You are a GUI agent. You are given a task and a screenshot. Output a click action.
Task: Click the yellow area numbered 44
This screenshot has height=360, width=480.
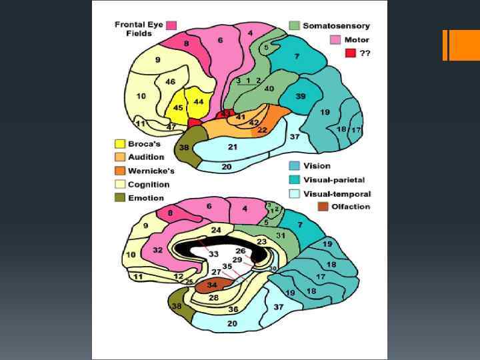click(x=198, y=101)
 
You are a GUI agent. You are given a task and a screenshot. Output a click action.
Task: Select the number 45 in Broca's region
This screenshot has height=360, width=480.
click(x=178, y=108)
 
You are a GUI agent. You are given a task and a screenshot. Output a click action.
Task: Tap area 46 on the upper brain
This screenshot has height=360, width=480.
click(x=170, y=82)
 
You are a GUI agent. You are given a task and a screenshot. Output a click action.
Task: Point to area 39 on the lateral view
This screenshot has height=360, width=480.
click(x=301, y=97)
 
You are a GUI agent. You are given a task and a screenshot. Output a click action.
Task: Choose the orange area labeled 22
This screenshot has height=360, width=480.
click(x=262, y=129)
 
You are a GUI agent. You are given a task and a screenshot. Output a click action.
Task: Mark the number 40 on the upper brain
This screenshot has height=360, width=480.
click(x=269, y=88)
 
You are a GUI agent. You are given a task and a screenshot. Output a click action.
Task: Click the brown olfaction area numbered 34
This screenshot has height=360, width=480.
click(x=212, y=285)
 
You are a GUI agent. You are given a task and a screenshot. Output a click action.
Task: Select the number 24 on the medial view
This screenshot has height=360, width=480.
click(x=215, y=230)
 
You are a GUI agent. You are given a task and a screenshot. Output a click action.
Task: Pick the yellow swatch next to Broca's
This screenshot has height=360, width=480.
click(x=120, y=143)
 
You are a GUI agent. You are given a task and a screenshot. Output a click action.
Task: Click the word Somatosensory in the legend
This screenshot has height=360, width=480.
click(x=336, y=26)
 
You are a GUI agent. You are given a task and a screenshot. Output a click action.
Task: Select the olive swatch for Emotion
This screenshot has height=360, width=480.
click(x=120, y=198)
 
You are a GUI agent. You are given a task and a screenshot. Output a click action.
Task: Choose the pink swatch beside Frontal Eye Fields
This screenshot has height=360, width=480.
click(x=172, y=25)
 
